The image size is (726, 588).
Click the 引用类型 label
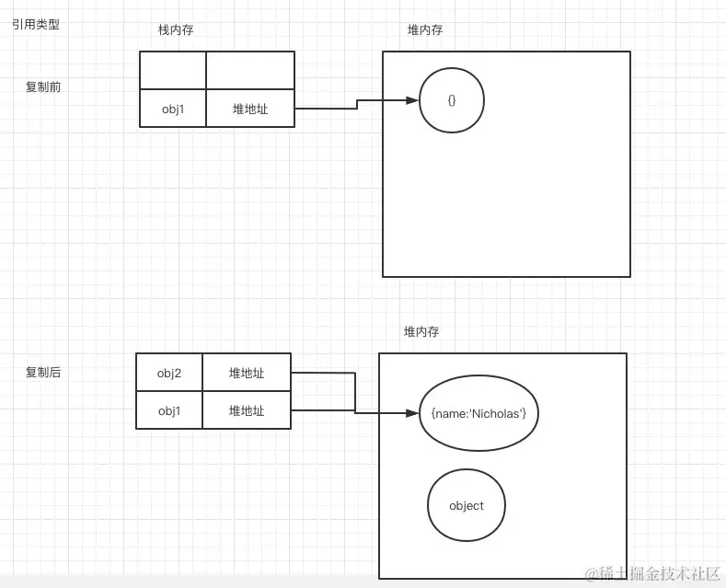[x=36, y=25]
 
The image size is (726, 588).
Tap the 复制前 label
[x=43, y=86]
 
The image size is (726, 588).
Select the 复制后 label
[x=43, y=373]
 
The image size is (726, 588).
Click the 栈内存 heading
[x=176, y=30]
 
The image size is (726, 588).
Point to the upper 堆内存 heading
[x=425, y=30]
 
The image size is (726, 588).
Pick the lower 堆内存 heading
[x=421, y=331]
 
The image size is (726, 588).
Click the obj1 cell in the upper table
[x=173, y=109]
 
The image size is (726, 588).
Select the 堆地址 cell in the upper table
[x=250, y=109]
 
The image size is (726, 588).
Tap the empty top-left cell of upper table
[x=173, y=71]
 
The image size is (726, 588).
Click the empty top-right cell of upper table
[x=250, y=71]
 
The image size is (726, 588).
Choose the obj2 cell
[x=169, y=373]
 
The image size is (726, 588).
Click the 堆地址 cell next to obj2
[x=247, y=373]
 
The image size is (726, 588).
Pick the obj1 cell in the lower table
[x=169, y=410]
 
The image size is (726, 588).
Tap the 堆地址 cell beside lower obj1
[x=247, y=410]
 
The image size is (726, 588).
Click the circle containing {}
[x=452, y=100]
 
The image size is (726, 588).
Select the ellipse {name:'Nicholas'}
[x=478, y=413]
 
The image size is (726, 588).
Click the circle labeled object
[x=467, y=505]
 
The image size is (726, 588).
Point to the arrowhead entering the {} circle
[x=413, y=100]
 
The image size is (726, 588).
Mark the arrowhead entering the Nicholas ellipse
[x=413, y=413]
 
